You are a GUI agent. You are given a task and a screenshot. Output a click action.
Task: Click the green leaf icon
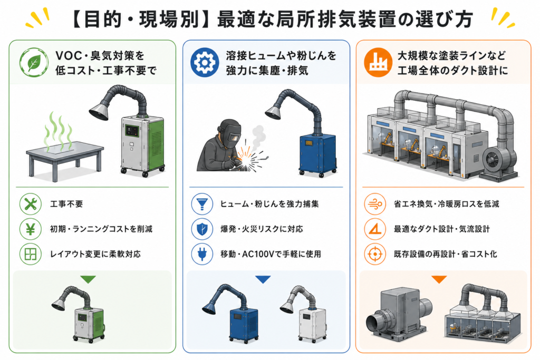coord(34,62)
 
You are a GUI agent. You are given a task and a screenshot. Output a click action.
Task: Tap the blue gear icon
coord(205,62)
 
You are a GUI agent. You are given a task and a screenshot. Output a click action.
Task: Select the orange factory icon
coord(378,62)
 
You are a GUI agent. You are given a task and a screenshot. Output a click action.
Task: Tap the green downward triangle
coord(88,279)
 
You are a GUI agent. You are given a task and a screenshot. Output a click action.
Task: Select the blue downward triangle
coord(263,279)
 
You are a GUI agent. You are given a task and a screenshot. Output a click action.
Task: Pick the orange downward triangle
coord(439,279)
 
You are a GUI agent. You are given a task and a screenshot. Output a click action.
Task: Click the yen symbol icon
coord(30,229)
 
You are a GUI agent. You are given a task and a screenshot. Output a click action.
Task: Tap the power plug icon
coord(202,254)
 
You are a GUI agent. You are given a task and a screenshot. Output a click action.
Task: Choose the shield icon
coord(202,229)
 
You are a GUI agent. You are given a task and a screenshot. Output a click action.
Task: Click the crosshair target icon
coord(375,254)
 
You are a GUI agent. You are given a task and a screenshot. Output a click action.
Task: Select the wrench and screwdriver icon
coord(30,204)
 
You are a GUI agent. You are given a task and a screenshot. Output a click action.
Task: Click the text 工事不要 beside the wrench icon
coord(66,204)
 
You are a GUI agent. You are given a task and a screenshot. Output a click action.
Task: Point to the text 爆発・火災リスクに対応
coord(262,229)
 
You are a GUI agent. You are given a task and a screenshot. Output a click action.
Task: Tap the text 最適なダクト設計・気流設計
coord(442,229)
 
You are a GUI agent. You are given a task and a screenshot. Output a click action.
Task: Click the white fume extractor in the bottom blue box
coord(304,314)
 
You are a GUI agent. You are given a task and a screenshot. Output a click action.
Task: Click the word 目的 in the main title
coord(103,20)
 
